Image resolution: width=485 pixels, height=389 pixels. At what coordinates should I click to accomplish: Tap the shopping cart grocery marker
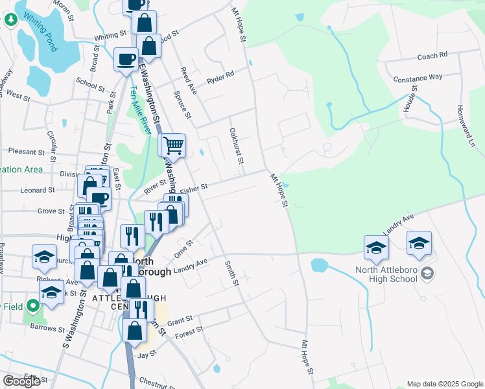click(x=173, y=146)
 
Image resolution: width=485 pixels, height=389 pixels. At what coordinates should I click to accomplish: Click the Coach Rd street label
click(x=432, y=56)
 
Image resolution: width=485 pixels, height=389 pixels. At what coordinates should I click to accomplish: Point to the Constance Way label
click(x=418, y=78)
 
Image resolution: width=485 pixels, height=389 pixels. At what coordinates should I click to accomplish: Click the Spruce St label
click(x=182, y=104)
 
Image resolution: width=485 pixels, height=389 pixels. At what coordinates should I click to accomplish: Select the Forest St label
click(x=189, y=333)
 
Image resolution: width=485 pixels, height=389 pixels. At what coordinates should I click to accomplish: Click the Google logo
click(x=21, y=381)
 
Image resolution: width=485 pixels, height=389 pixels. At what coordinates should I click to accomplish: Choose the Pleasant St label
click(x=26, y=152)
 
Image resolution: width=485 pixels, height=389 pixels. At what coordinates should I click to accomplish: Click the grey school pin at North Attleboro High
click(x=427, y=274)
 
